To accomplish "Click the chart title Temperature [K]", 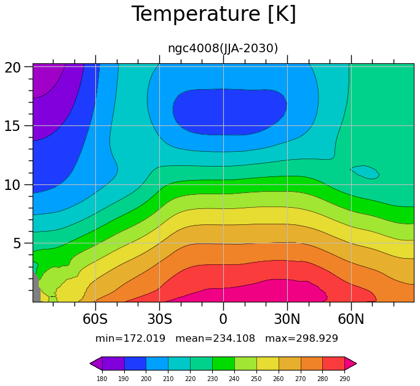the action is [214, 14].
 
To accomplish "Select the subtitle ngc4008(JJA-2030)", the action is [223, 49].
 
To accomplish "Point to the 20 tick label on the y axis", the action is [12, 68].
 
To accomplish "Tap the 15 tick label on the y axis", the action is [12, 126].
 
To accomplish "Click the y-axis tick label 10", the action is [12, 185].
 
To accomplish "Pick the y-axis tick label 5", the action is [17, 243].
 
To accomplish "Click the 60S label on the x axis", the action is [95, 319].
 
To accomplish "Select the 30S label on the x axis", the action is [160, 319].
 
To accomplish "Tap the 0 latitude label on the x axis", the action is [223, 319].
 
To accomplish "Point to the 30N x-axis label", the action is [287, 319].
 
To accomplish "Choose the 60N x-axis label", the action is [351, 319].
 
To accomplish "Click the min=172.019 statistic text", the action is [130, 339].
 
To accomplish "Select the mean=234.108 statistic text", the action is [215, 339].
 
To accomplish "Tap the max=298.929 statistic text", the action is [301, 339].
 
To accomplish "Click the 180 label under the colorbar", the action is [102, 379].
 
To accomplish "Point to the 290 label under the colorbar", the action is [344, 379].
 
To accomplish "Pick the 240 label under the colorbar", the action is [234, 379].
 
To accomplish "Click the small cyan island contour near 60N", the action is [365, 172].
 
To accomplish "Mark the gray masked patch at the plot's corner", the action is [36, 288].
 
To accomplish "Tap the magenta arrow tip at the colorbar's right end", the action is [356, 363].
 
